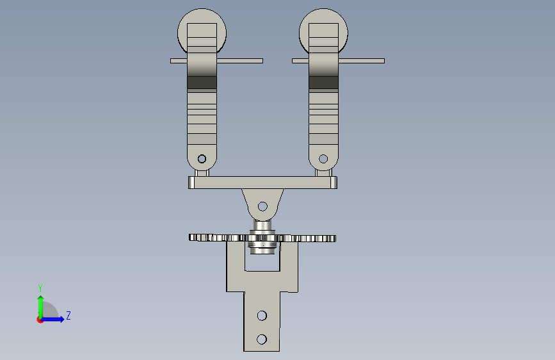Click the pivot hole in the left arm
pos(202,159)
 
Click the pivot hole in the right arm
pos(323,159)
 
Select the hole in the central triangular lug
pos(262,206)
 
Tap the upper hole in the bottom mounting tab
pos(262,315)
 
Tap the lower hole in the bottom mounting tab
pos(262,340)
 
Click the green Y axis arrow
pos(41,307)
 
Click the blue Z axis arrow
pos(52,319)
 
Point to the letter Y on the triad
pos(40,288)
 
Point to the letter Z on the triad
pos(68,315)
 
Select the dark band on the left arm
pos(202,82)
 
